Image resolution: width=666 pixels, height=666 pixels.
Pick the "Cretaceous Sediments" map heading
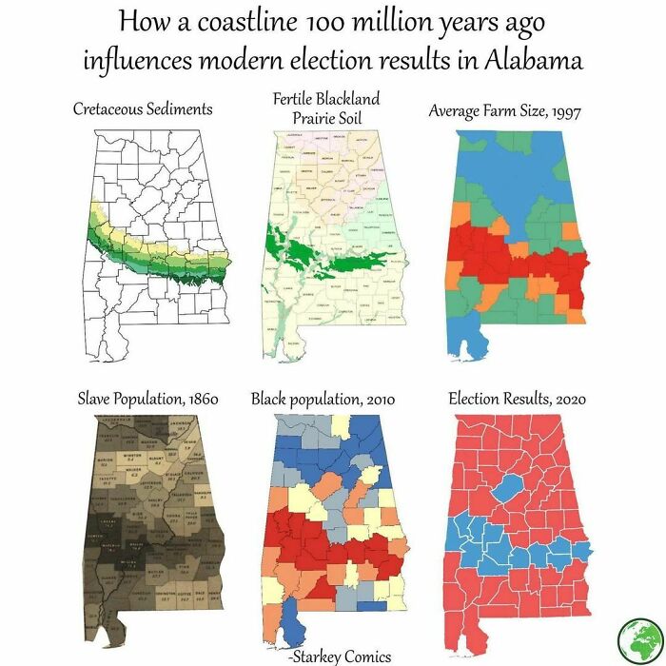tap(143, 108)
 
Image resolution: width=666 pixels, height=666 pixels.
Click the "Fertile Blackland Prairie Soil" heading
tap(325, 108)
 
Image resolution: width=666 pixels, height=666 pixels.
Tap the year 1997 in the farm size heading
tap(561, 110)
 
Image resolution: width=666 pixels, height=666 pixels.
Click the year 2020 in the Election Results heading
tap(565, 398)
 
